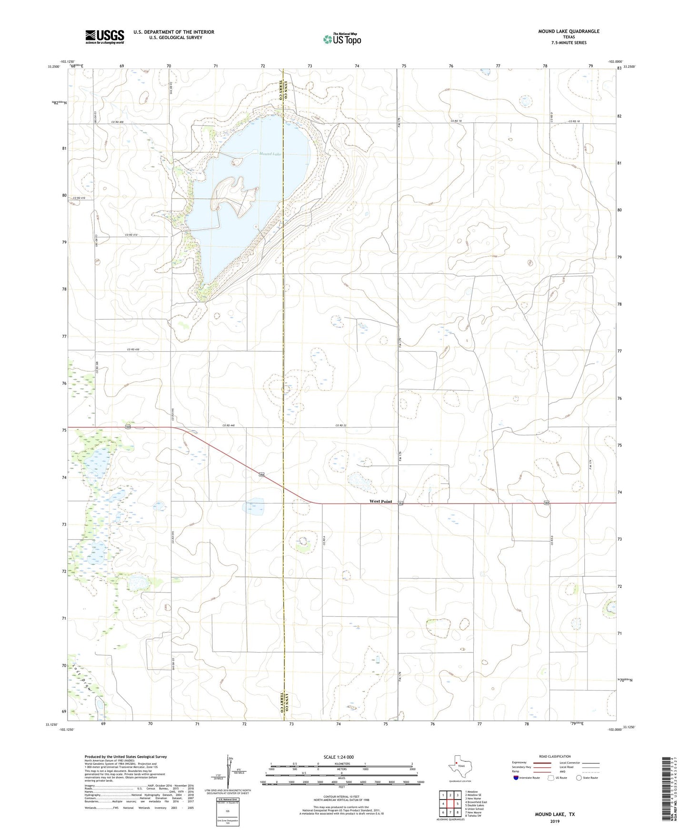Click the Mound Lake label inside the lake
[x=270, y=154]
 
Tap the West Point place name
[x=381, y=501]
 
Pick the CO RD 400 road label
[x=117, y=122]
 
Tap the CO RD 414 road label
[x=130, y=235]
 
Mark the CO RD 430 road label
[x=133, y=350]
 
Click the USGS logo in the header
[x=105, y=37]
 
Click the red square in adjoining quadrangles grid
[x=450, y=804]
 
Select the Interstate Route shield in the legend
[x=516, y=778]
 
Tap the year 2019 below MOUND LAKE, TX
[x=555, y=821]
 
